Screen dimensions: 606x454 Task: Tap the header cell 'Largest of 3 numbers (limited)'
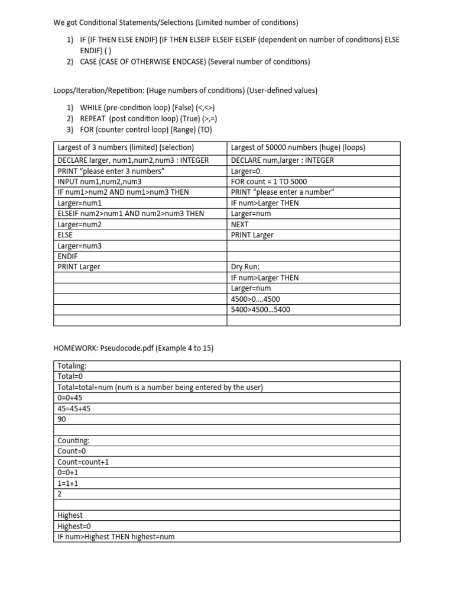[x=125, y=147]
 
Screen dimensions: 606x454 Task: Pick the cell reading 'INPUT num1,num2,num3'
[x=99, y=182]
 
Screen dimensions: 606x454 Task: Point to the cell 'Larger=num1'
[x=79, y=203]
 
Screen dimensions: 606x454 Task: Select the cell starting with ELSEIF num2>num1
[x=131, y=214]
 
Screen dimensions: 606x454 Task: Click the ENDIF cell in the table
[x=67, y=256]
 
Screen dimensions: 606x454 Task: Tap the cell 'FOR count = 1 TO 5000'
[x=269, y=182]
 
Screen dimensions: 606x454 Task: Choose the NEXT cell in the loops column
[x=240, y=224]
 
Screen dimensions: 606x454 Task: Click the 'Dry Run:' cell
[x=245, y=267]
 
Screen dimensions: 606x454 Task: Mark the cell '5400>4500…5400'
[x=260, y=310]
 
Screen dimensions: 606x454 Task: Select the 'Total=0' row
[x=70, y=376]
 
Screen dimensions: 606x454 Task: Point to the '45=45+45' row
[x=74, y=408]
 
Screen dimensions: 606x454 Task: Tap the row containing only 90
[x=62, y=419]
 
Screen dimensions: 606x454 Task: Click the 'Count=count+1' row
[x=83, y=462]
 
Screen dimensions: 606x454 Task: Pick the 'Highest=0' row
[x=74, y=526]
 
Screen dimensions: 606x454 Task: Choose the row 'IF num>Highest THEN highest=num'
[x=116, y=536]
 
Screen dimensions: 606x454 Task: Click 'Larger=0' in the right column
[x=247, y=171]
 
